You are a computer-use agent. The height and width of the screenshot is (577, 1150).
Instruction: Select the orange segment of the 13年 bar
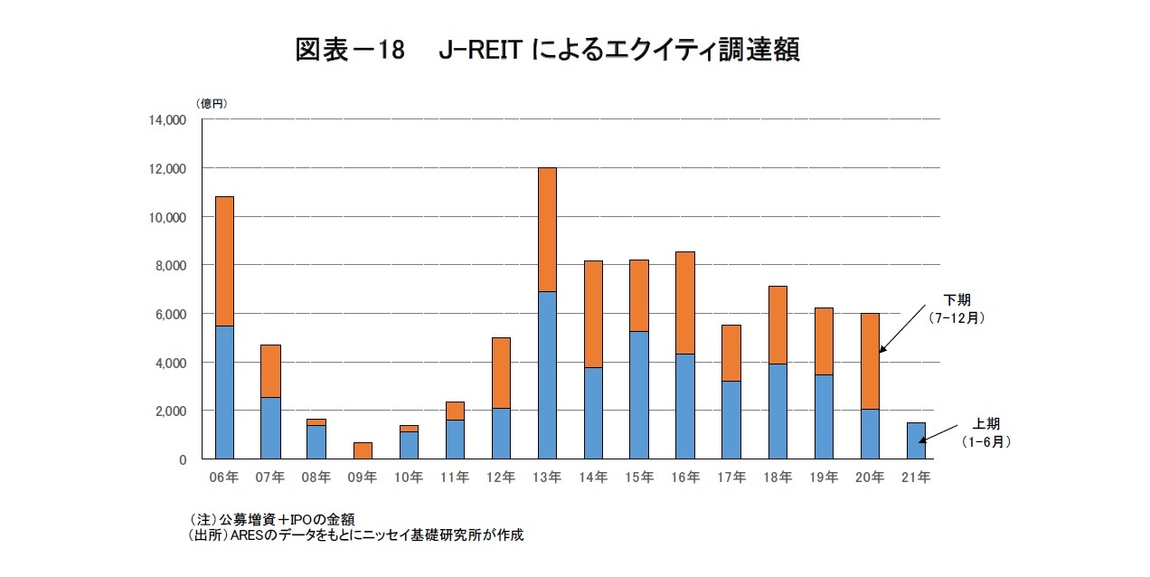(x=547, y=230)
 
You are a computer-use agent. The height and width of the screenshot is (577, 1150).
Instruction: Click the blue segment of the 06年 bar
(x=224, y=393)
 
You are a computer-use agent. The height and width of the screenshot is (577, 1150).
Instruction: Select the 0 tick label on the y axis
(x=181, y=459)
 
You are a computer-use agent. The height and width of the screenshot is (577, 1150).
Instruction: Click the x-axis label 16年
(x=685, y=478)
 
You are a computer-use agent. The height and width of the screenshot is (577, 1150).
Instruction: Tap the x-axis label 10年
(x=409, y=478)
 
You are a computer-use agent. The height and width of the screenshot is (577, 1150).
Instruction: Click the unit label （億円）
(x=212, y=103)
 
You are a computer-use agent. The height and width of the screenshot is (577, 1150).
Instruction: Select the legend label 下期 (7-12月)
(x=958, y=308)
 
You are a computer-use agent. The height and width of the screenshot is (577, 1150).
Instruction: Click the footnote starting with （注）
(x=271, y=519)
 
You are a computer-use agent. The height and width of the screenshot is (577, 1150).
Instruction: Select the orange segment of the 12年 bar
(x=501, y=373)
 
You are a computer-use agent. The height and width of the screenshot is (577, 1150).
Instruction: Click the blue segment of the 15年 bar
(x=639, y=395)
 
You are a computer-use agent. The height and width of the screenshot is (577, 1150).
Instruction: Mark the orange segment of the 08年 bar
(x=316, y=422)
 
